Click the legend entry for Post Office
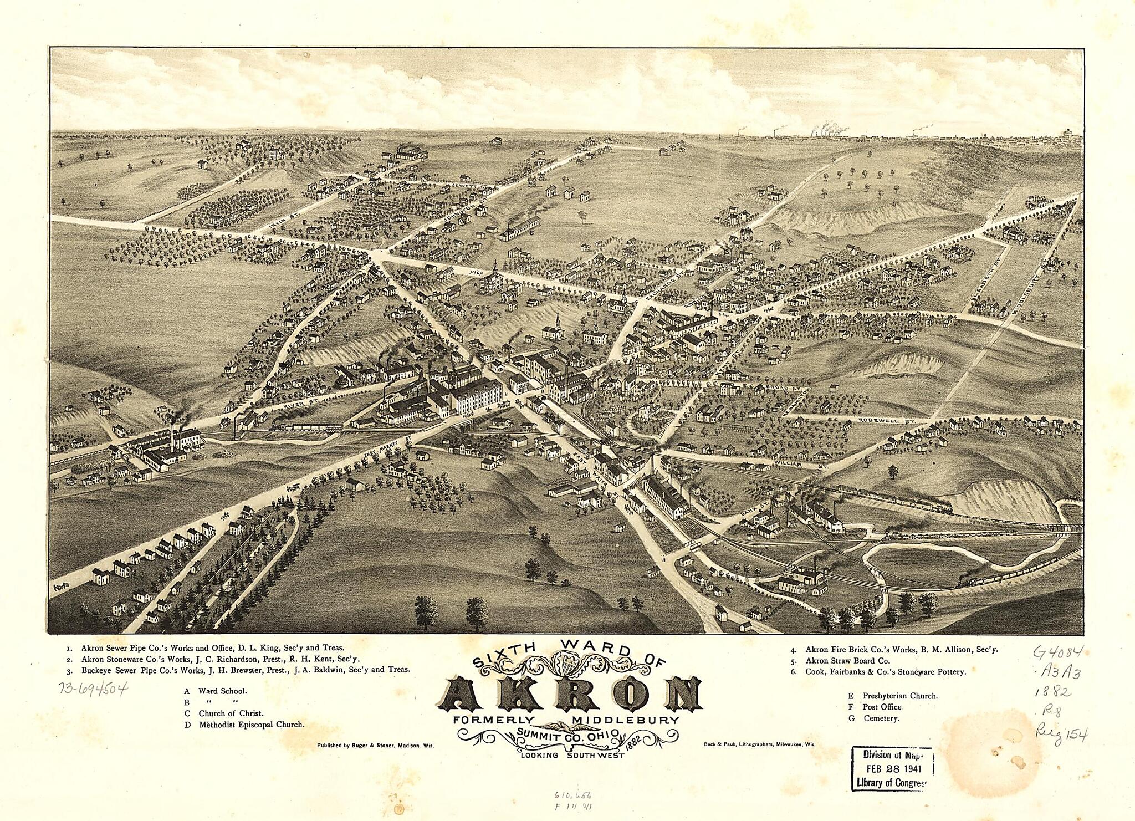pyautogui.click(x=881, y=707)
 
